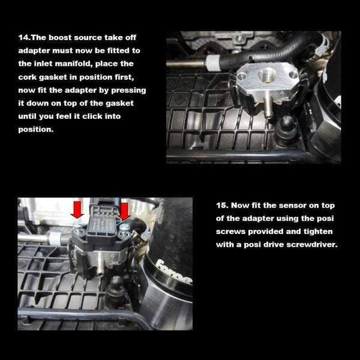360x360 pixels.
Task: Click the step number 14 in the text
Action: (x=24, y=38)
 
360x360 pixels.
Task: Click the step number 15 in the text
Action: (x=222, y=205)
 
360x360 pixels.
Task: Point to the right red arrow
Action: (x=125, y=211)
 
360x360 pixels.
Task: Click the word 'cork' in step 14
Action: (x=30, y=77)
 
